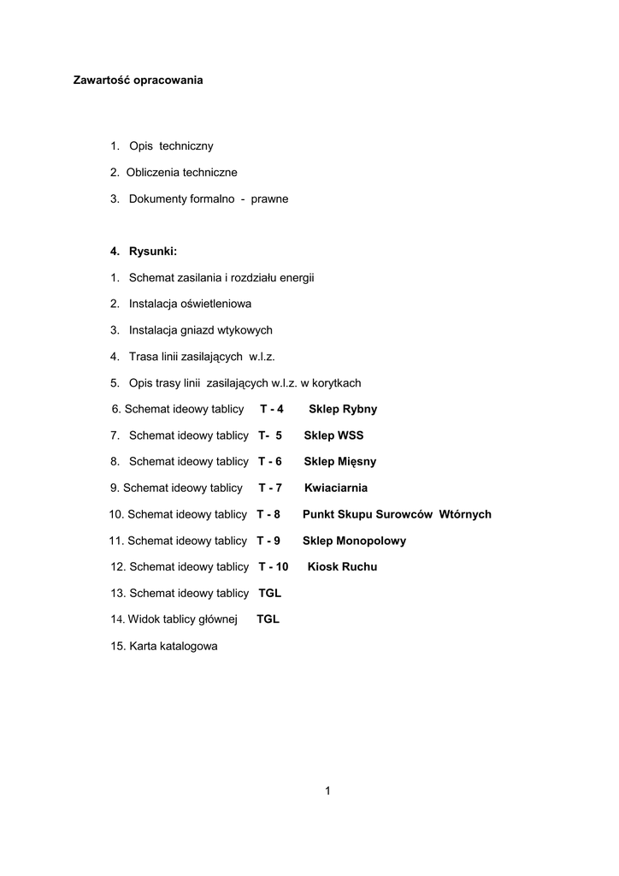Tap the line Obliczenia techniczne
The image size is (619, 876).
tap(181, 172)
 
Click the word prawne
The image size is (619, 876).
tap(269, 198)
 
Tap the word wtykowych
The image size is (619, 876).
tap(244, 330)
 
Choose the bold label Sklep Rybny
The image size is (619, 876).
tap(343, 409)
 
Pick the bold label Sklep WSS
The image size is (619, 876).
tap(333, 435)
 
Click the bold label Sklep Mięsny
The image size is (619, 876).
tap(339, 462)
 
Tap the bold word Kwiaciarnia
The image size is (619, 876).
tap(336, 488)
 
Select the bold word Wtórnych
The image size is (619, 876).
tap(465, 514)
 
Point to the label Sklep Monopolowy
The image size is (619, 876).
tap(354, 541)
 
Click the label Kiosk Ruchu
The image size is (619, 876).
tap(342, 566)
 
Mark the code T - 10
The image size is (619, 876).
tap(274, 566)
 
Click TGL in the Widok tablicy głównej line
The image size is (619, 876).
tap(268, 619)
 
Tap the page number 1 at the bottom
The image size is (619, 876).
tap(327, 790)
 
